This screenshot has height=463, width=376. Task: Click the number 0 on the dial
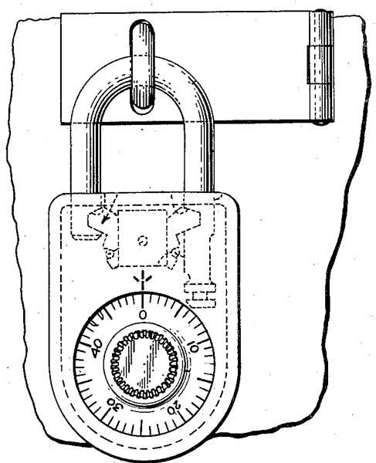coord(143,315)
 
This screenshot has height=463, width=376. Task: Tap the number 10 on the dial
coord(194,346)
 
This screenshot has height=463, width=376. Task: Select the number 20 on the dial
coord(174,409)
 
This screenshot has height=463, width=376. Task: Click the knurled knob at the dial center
coord(144,363)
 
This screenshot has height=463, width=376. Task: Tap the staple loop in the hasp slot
coord(142,67)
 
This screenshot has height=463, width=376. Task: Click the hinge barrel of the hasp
coord(321,68)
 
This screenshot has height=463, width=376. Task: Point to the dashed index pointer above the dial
coord(143,280)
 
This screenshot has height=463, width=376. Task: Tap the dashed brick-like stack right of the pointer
coord(200,295)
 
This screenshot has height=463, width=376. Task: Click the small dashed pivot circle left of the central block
coord(110,254)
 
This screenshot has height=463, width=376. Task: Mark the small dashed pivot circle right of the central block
coord(175,253)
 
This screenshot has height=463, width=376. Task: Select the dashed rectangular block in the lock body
coord(143,238)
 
